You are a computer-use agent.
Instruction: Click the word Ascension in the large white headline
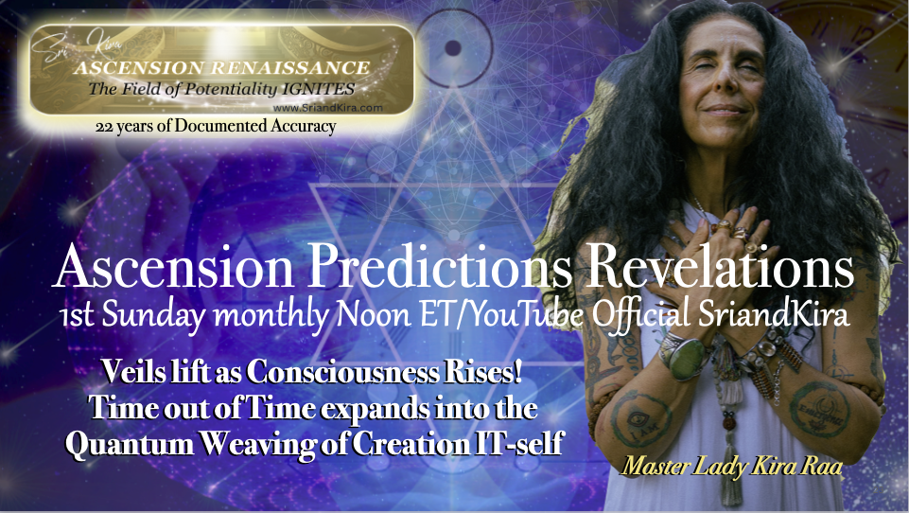(x=173, y=268)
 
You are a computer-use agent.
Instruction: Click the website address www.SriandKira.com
(x=327, y=108)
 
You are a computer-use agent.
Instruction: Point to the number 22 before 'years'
(x=104, y=127)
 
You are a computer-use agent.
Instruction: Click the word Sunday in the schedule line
(x=153, y=316)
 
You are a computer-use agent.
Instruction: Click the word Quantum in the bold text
(x=130, y=445)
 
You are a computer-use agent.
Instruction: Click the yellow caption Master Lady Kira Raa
(x=731, y=467)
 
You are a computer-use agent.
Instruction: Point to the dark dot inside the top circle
(x=453, y=47)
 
